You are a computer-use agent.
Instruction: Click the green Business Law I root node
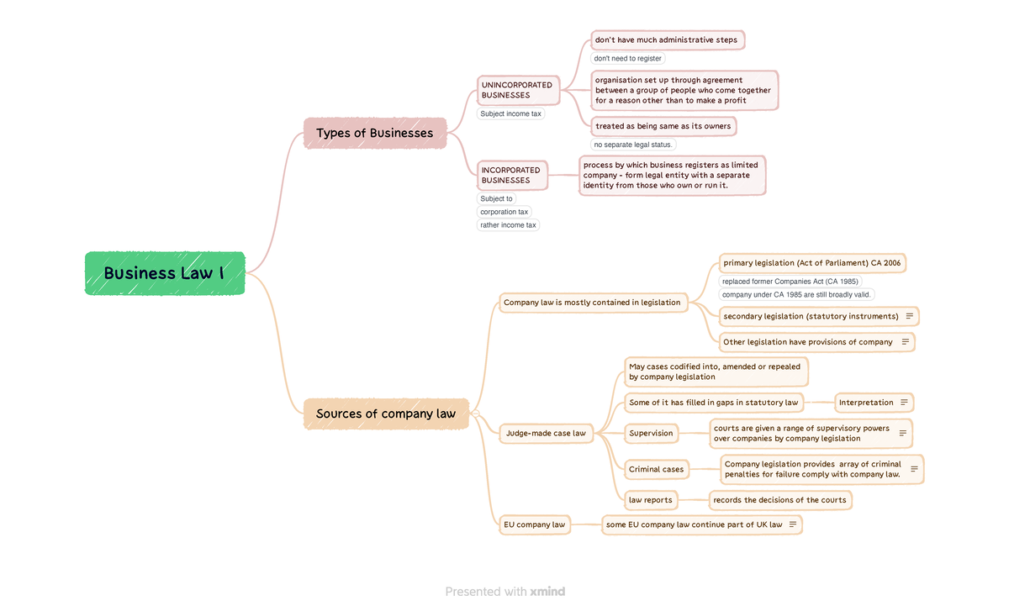[x=165, y=273]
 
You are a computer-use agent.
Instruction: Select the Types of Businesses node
[x=375, y=133]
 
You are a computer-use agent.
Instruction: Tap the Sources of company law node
[x=386, y=414]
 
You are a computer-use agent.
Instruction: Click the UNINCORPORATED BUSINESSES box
[x=517, y=90]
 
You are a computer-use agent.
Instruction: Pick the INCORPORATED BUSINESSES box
[x=511, y=175]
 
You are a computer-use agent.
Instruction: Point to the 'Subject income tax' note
[x=511, y=113]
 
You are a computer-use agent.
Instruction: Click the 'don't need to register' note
[x=628, y=59]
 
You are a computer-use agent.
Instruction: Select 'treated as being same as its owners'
[x=663, y=126]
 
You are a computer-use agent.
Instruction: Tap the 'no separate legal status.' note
[x=633, y=145]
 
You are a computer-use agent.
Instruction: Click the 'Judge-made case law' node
[x=546, y=434]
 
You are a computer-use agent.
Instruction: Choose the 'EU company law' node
[x=535, y=524]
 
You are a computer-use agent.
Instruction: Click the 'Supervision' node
[x=651, y=434]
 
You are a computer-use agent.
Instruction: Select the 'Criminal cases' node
[x=657, y=469]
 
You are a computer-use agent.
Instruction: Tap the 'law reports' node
[x=651, y=500]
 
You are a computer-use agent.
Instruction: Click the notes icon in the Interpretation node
[x=904, y=403]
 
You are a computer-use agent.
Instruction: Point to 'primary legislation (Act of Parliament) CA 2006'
[x=812, y=263]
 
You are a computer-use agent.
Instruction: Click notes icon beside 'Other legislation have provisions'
[x=905, y=342]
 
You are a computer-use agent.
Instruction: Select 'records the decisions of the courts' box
[x=779, y=500]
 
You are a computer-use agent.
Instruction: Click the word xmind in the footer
[x=547, y=592]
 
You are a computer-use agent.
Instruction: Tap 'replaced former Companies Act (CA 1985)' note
[x=790, y=282]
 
